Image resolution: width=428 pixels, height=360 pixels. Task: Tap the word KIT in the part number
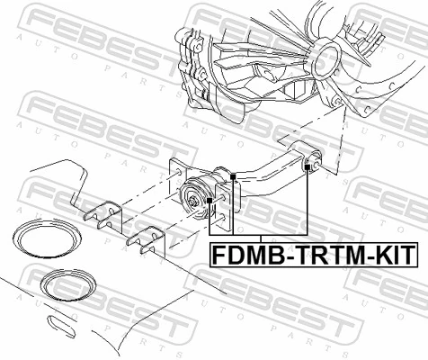pos(392,256)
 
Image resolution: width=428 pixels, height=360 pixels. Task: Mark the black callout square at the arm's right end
pos(308,167)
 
